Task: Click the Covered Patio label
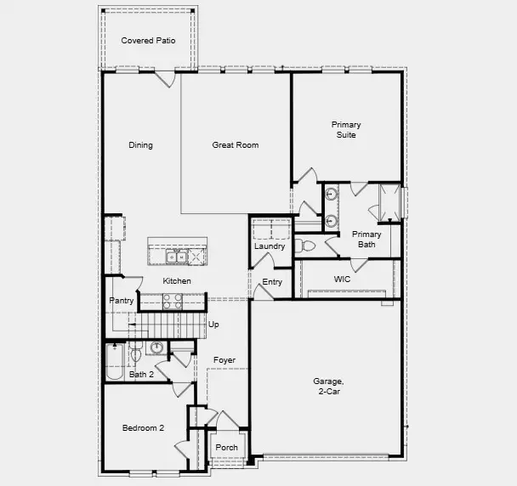pyautogui.click(x=148, y=41)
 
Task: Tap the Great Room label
pyautogui.click(x=235, y=145)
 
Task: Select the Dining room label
pyautogui.click(x=140, y=145)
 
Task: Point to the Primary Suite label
pyautogui.click(x=345, y=130)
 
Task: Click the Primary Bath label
pyautogui.click(x=366, y=240)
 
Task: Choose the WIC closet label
pyautogui.click(x=343, y=279)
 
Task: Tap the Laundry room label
pyautogui.click(x=270, y=247)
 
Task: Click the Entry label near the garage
pyautogui.click(x=272, y=282)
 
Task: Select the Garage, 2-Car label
pyautogui.click(x=327, y=387)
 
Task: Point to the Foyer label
pyautogui.click(x=224, y=360)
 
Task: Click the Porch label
pyautogui.click(x=227, y=448)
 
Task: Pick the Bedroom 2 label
pyautogui.click(x=143, y=428)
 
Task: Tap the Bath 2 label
pyautogui.click(x=141, y=375)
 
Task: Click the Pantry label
pyautogui.click(x=122, y=301)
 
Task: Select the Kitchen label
pyautogui.click(x=177, y=281)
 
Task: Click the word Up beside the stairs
pyautogui.click(x=213, y=325)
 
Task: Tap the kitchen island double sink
pyautogui.click(x=176, y=256)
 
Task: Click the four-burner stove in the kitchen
pyautogui.click(x=172, y=300)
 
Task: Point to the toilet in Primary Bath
pyautogui.click(x=308, y=246)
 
